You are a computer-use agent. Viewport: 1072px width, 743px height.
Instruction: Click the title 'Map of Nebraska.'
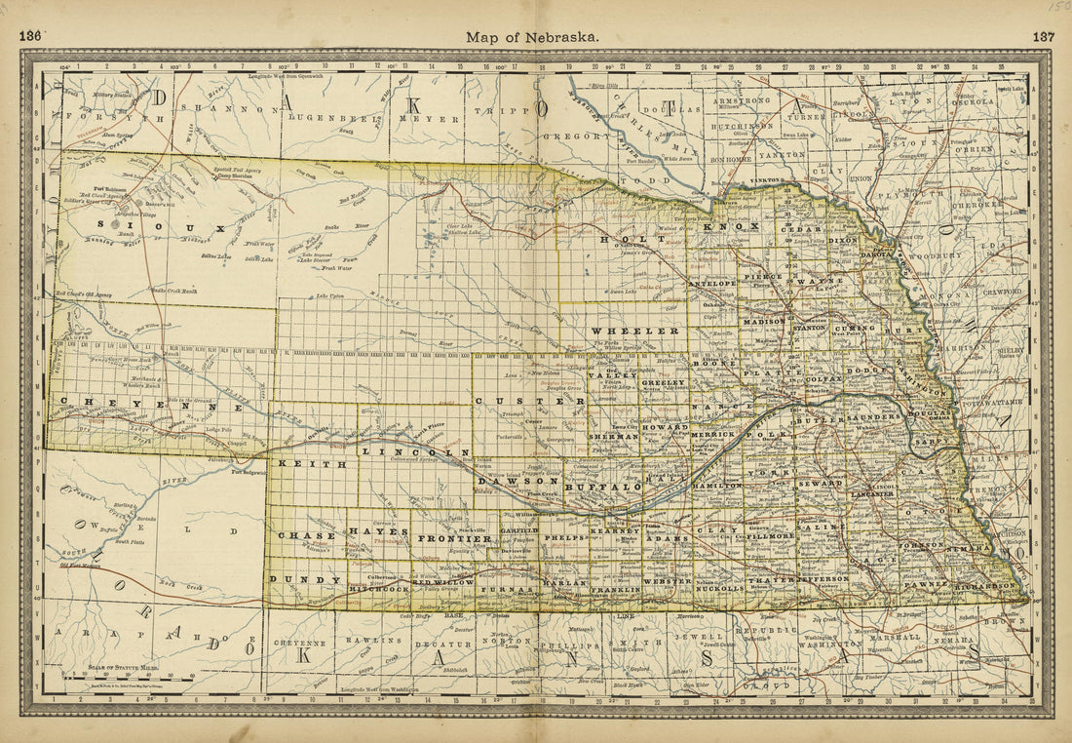point(532,37)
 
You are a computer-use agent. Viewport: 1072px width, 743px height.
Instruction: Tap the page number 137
point(1043,37)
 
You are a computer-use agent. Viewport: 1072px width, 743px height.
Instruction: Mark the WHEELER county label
point(634,331)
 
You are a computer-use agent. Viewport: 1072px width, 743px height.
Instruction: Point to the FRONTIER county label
point(455,538)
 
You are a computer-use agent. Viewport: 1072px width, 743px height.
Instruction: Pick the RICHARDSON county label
point(988,586)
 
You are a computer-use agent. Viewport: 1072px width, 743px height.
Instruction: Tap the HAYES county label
point(379,531)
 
